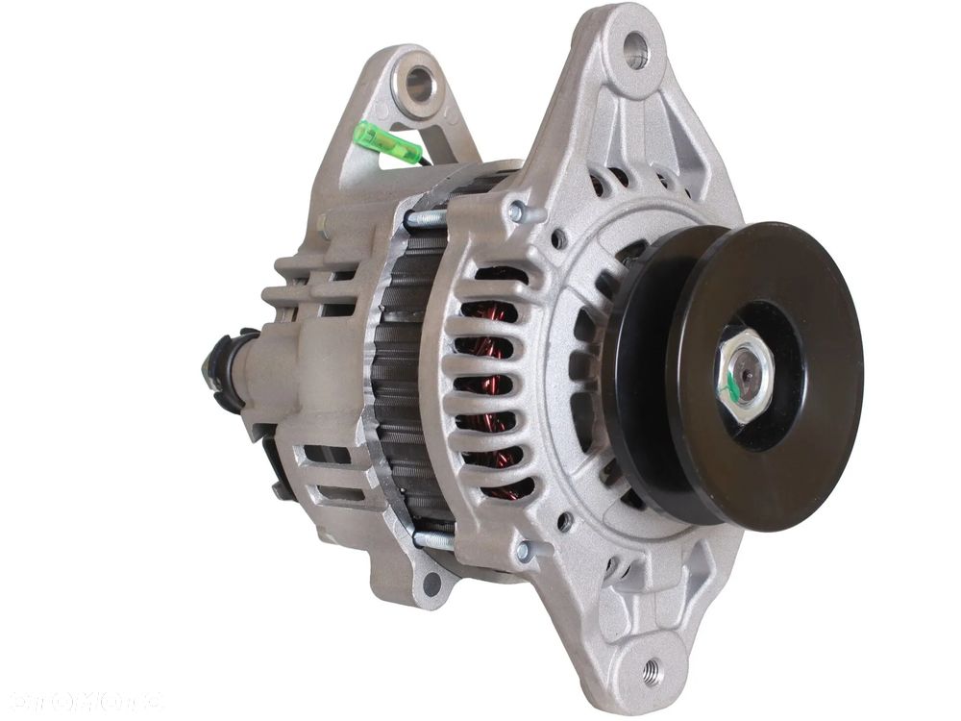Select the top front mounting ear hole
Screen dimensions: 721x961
pyautogui.click(x=635, y=49)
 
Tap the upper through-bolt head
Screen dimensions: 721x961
pyautogui.click(x=518, y=211)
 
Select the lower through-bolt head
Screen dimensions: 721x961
pyautogui.click(x=524, y=551)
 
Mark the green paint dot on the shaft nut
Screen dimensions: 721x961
pyautogui.click(x=732, y=386)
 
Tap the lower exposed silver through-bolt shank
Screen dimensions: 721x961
pyautogui.click(x=434, y=541)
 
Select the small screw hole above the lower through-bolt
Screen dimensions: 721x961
pyautogui.click(x=564, y=522)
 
